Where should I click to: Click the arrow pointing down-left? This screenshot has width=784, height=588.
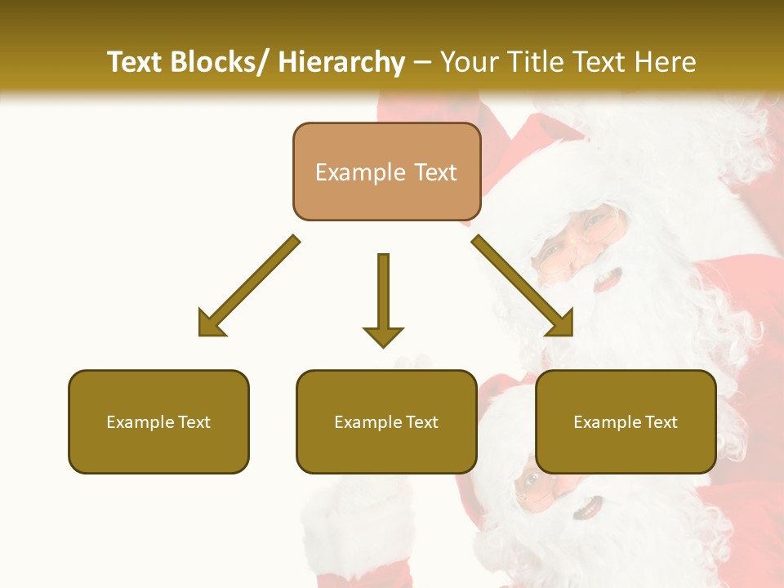(247, 287)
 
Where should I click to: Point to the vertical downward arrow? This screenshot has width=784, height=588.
(383, 299)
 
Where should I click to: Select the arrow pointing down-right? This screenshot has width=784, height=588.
(523, 286)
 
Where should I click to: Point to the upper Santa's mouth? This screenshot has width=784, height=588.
(608, 280)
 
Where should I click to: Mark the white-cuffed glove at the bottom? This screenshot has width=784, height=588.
(359, 523)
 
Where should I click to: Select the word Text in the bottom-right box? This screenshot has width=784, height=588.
(660, 422)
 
